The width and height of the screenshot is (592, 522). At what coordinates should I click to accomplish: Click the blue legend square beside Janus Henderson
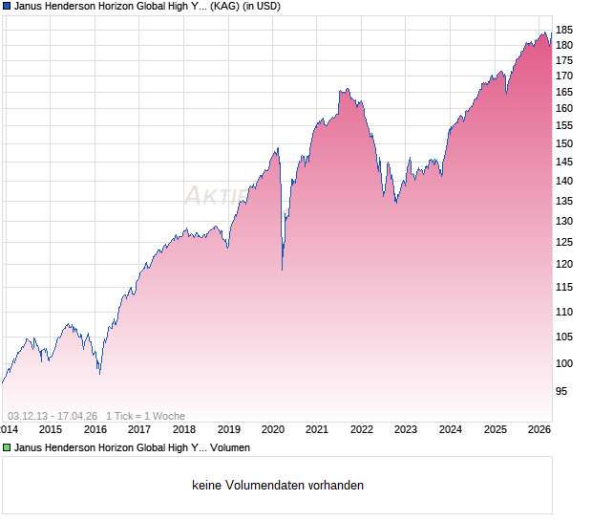pyautogui.click(x=7, y=6)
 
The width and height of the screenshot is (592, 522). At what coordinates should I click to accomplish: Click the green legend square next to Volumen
pyautogui.click(x=7, y=447)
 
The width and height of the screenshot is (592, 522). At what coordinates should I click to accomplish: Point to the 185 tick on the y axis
pyautogui.click(x=564, y=29)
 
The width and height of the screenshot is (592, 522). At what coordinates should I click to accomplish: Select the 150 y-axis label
pyautogui.click(x=564, y=143)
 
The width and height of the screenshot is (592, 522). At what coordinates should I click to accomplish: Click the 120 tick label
pyautogui.click(x=564, y=264)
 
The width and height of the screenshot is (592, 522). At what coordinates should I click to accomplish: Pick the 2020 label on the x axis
pyautogui.click(x=273, y=429)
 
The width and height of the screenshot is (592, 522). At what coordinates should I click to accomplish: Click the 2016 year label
pyautogui.click(x=95, y=429)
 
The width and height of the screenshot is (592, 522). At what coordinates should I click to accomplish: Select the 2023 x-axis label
pyautogui.click(x=406, y=429)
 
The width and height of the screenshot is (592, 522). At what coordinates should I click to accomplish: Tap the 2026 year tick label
pyautogui.click(x=539, y=429)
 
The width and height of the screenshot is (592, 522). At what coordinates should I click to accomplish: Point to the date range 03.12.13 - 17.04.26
pyautogui.click(x=53, y=416)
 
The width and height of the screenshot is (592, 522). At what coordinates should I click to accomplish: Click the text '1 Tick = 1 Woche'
pyautogui.click(x=145, y=416)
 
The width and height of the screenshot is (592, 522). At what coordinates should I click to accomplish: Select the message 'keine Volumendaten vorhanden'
pyautogui.click(x=278, y=486)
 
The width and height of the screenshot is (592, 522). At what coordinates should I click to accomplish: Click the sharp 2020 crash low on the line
pyautogui.click(x=282, y=270)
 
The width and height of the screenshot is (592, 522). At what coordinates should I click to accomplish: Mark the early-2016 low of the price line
pyautogui.click(x=99, y=373)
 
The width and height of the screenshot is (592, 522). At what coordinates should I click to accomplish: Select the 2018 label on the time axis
pyautogui.click(x=184, y=429)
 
